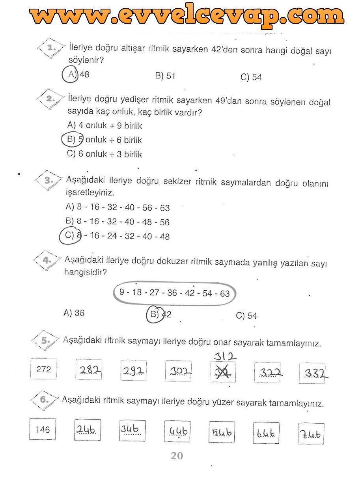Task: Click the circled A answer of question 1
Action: pyautogui.click(x=70, y=75)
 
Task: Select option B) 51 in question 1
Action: pyautogui.click(x=165, y=76)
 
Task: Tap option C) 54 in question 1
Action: pyautogui.click(x=251, y=77)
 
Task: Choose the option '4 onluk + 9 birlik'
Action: pyautogui.click(x=104, y=126)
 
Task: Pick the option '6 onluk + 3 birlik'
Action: pyautogui.click(x=104, y=154)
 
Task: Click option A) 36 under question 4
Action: pyautogui.click(x=74, y=313)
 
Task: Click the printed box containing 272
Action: pyautogui.click(x=43, y=370)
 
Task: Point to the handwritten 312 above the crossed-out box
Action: pyautogui.click(x=225, y=356)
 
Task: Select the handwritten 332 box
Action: pyautogui.click(x=314, y=373)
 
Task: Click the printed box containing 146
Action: pyautogui.click(x=43, y=430)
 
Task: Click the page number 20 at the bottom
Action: pyautogui.click(x=177, y=456)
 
